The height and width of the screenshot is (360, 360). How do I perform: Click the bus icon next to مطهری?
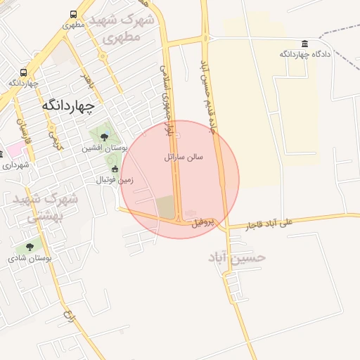(x=75, y=14)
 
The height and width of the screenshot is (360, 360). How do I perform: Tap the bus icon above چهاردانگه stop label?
(x=23, y=72)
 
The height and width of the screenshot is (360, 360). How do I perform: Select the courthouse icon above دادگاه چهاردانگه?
(x=304, y=44)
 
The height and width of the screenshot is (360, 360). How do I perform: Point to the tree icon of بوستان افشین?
(x=105, y=137)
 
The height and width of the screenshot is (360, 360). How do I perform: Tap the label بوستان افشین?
(x=103, y=148)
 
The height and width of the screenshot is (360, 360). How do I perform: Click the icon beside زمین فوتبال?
(x=115, y=169)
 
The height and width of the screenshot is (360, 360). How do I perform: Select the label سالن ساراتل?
(x=184, y=157)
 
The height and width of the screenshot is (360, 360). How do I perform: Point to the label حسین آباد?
(x=237, y=257)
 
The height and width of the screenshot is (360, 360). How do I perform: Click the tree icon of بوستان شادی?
(x=30, y=247)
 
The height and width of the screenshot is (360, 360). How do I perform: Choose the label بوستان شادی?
(x=26, y=258)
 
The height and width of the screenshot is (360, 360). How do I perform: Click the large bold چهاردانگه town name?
(x=68, y=104)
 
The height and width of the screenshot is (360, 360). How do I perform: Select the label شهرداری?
(x=15, y=165)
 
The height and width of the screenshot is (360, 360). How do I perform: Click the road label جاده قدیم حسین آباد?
(x=209, y=98)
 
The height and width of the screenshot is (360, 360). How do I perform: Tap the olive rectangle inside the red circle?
(x=166, y=207)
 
